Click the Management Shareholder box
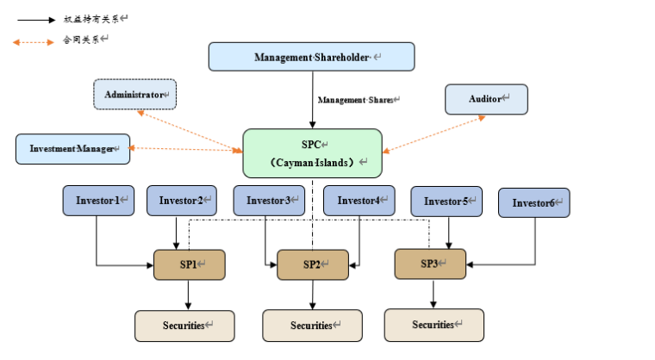click(311, 57)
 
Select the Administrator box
click(134, 94)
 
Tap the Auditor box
click(486, 99)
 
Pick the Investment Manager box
click(72, 148)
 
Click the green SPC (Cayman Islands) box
click(312, 153)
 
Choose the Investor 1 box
click(97, 201)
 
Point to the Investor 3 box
click(269, 201)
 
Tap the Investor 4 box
click(359, 200)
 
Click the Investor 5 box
click(446, 201)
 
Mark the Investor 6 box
click(533, 202)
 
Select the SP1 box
click(190, 264)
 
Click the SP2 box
click(312, 264)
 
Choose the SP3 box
click(430, 263)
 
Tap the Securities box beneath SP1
click(184, 326)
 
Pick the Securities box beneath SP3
click(434, 325)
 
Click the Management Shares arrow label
click(355, 100)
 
